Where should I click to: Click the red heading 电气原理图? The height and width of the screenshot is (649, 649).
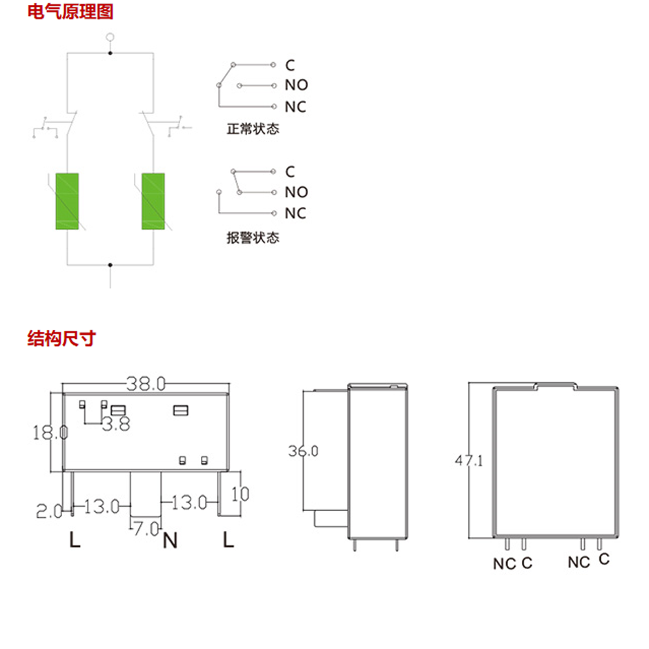(70, 11)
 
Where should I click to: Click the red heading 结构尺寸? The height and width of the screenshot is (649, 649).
(61, 338)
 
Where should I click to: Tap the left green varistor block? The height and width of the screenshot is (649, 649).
(67, 201)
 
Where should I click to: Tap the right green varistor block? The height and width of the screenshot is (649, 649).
(153, 201)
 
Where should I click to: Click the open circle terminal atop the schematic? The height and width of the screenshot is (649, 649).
(110, 37)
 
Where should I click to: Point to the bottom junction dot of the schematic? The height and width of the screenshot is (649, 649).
(110, 265)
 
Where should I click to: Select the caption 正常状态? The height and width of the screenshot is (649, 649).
(253, 128)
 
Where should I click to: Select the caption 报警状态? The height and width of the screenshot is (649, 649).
(253, 238)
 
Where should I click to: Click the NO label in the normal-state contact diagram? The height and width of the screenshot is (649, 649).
(296, 85)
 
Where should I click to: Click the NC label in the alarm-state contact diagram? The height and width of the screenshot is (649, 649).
(296, 213)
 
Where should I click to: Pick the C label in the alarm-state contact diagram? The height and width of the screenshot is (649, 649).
(290, 172)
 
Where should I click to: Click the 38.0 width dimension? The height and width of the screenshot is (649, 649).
(146, 384)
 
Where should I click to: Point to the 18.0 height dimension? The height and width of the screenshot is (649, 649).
(50, 432)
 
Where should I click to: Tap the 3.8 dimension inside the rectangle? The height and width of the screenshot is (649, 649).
(116, 424)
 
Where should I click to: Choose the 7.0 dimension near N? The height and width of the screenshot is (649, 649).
(146, 529)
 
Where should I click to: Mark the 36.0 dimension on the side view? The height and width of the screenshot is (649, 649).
(303, 451)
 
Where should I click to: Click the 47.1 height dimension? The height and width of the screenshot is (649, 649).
(469, 461)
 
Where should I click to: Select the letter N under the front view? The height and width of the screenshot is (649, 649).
(170, 540)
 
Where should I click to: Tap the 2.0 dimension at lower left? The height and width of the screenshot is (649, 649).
(49, 512)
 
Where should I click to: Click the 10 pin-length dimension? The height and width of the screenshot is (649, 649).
(240, 494)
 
